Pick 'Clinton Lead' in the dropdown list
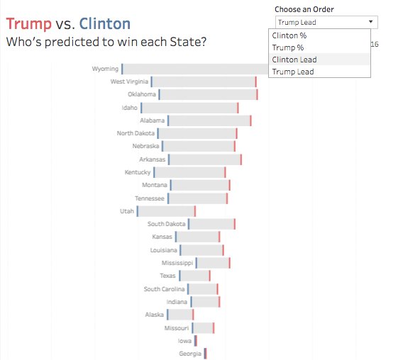[x=294, y=60]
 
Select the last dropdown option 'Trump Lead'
[x=292, y=72]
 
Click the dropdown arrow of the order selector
[x=372, y=23]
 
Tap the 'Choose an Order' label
[x=304, y=9]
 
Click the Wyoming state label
[x=105, y=69]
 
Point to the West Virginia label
[x=128, y=82]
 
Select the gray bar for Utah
[x=167, y=211]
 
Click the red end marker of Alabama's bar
[x=250, y=121]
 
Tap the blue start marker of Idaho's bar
[x=141, y=108]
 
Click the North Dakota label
[x=135, y=133]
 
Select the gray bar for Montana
[x=199, y=186]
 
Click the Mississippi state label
[x=177, y=263]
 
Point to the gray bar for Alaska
[x=180, y=315]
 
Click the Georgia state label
[x=189, y=354]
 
